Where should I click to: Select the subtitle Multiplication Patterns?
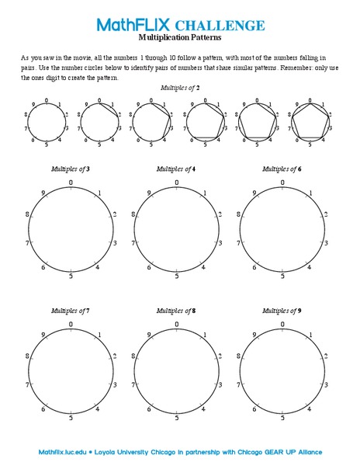[x=180, y=37]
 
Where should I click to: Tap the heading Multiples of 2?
[x=180, y=89]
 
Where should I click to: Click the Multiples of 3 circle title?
[x=71, y=168]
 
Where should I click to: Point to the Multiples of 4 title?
[x=176, y=168]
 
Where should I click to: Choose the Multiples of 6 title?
[x=282, y=168]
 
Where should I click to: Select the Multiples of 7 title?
[x=71, y=310]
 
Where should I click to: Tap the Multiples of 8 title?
[x=176, y=310]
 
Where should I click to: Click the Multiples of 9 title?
[x=282, y=310]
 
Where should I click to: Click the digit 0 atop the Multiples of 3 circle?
[x=71, y=183]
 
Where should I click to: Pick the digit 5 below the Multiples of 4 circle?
[x=177, y=276]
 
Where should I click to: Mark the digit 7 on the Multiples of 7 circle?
[x=28, y=385]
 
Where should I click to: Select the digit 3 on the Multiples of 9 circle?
[x=326, y=385]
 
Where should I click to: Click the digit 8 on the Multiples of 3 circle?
[x=27, y=214]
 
